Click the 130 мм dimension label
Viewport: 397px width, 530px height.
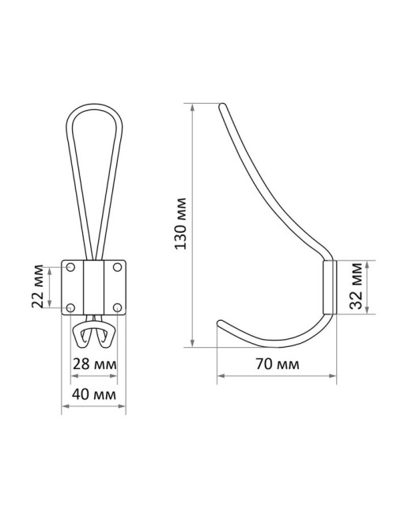click(181, 223)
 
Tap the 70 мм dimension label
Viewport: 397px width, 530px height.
click(278, 364)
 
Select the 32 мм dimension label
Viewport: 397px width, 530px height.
click(356, 286)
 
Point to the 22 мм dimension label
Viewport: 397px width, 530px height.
click(37, 286)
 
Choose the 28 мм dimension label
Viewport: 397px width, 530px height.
click(95, 364)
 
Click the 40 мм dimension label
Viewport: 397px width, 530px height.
click(94, 395)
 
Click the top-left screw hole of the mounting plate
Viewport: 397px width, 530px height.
click(70, 267)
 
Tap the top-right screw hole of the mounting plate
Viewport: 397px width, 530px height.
click(117, 267)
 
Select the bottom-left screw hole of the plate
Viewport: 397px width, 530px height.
click(70, 307)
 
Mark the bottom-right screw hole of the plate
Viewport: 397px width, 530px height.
click(117, 307)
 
